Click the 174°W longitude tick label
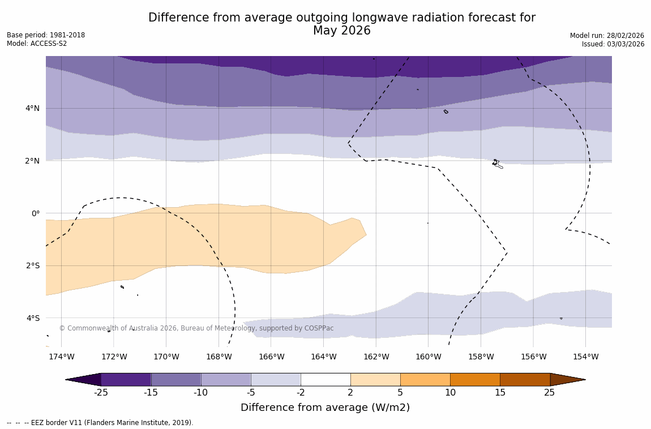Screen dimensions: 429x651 [x=61, y=357]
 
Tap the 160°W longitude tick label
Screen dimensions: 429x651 [x=428, y=357]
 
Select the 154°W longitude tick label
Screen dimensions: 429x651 [x=585, y=357]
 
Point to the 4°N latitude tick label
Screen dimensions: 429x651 [x=32, y=108]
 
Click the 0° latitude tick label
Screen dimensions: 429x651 [x=36, y=213]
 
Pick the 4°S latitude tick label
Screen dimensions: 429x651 [x=32, y=318]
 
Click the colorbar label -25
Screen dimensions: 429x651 [x=101, y=392]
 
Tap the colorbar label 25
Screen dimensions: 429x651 [x=550, y=392]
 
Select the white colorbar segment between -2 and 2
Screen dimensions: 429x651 [x=325, y=379]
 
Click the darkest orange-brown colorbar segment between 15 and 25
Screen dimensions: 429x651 [x=525, y=379]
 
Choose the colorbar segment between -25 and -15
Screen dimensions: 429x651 [x=126, y=379]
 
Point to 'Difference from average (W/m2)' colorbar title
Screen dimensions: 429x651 [x=325, y=407]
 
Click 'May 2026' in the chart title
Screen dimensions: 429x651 [x=342, y=31]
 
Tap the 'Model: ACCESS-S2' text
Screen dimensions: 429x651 [x=37, y=44]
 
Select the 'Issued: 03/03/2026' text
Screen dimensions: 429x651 [x=613, y=44]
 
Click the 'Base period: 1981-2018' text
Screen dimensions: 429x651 [x=46, y=35]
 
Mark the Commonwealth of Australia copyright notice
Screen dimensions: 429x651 [x=196, y=328]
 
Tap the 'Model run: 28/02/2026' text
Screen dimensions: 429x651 [x=607, y=36]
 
